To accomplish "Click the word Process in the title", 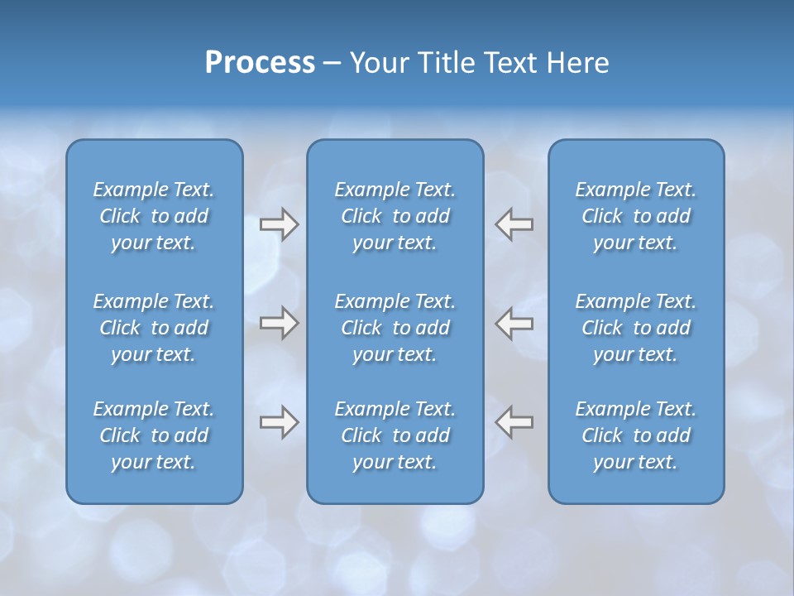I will tap(260, 63).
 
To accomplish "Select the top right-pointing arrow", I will tap(279, 224).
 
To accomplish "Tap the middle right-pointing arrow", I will tap(279, 323).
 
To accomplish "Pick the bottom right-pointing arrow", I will tap(279, 422).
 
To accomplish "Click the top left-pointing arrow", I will tap(514, 224).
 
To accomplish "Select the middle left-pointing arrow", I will tap(514, 323).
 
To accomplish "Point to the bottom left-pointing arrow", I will tap(514, 422).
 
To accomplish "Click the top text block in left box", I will tap(154, 216).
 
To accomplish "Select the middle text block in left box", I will tap(154, 328).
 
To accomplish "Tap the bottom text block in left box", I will tap(154, 435).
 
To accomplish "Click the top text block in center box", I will tap(395, 216).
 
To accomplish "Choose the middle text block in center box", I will tap(395, 328).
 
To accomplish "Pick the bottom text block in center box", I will tap(395, 435).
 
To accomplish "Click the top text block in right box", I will tap(635, 216).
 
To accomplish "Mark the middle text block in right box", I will tap(635, 328).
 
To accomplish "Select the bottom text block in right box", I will tap(635, 435).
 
